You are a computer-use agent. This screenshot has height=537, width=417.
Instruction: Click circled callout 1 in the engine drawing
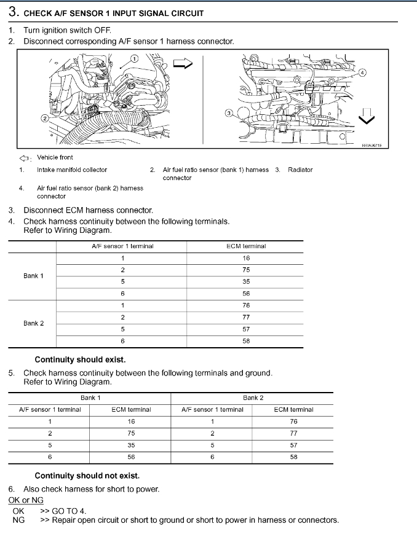pyautogui.click(x=135, y=58)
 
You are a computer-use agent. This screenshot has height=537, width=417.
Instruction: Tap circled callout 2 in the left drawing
pyautogui.click(x=44, y=117)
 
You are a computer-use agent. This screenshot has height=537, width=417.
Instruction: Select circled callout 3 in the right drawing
pyautogui.click(x=229, y=113)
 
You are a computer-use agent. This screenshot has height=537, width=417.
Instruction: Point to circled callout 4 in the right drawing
pyautogui.click(x=362, y=73)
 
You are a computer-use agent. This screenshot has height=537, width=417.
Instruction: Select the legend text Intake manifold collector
pyautogui.click(x=72, y=170)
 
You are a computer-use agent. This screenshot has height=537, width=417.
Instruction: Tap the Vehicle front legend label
pyautogui.click(x=55, y=157)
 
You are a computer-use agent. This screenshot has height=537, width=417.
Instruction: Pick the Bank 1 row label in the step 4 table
pyautogui.click(x=33, y=276)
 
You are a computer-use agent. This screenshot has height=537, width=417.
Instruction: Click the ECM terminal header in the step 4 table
pyautogui.click(x=246, y=246)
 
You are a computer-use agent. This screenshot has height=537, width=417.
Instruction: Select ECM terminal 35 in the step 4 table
pyautogui.click(x=246, y=282)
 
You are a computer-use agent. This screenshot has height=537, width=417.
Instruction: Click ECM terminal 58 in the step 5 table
pyautogui.click(x=293, y=457)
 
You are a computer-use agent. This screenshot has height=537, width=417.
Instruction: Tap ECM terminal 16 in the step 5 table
pyautogui.click(x=131, y=421)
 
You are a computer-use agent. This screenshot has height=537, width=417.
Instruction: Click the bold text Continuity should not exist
pyautogui.click(x=87, y=476)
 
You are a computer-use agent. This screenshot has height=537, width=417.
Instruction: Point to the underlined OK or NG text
pyautogui.click(x=26, y=500)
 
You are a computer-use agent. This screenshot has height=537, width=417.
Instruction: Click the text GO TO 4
pyautogui.click(x=69, y=511)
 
